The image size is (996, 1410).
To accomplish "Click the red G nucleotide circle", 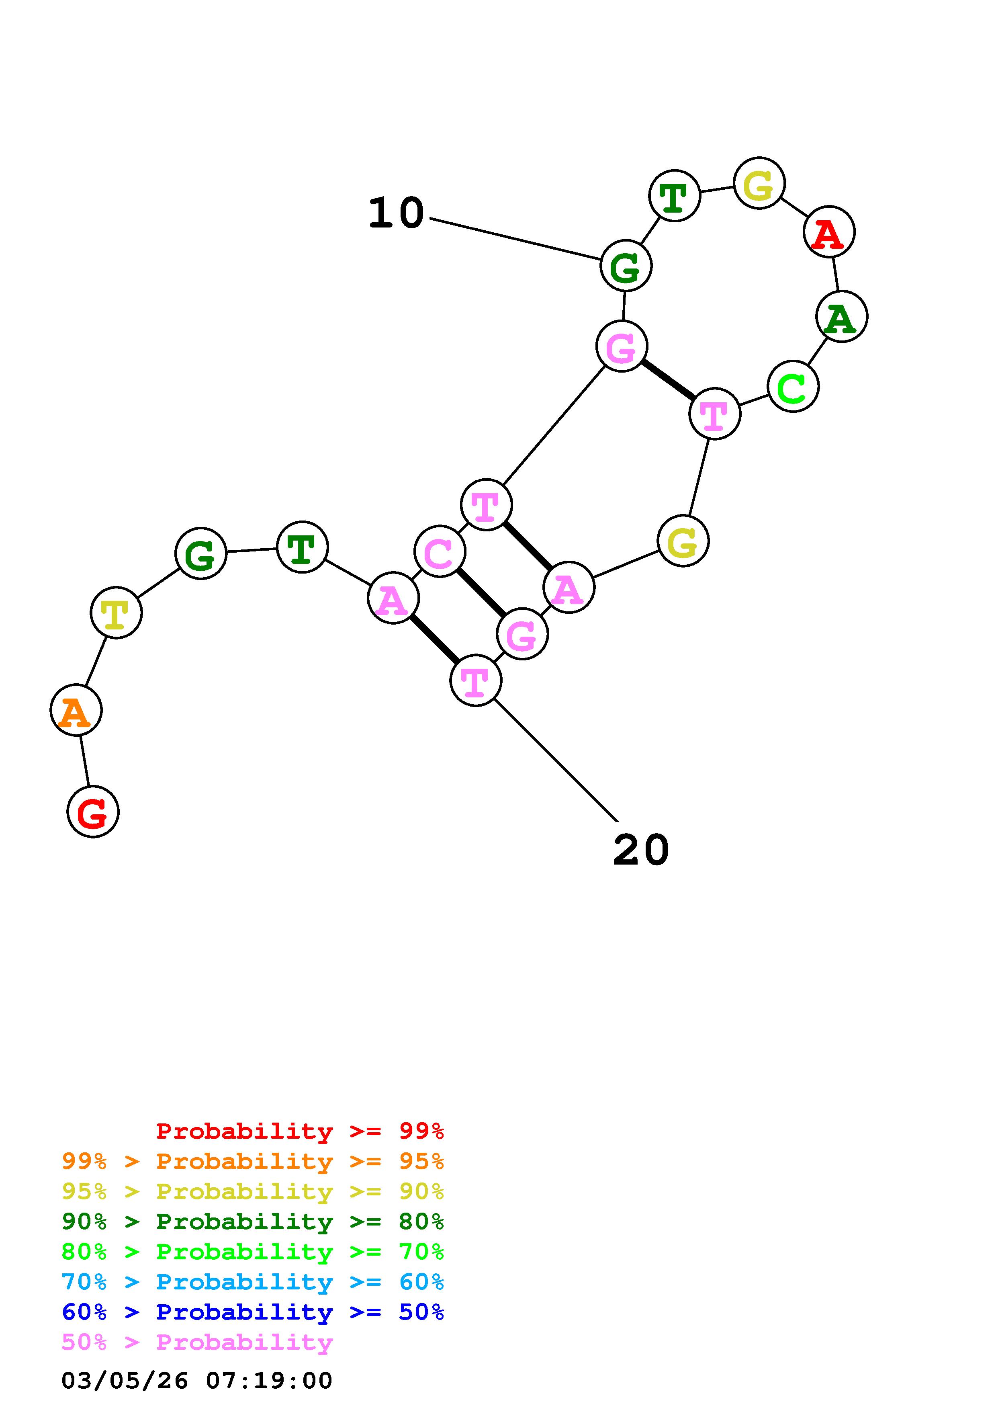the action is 93,812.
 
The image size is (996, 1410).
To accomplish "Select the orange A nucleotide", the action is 76,711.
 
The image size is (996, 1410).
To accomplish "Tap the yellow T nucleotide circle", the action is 116,613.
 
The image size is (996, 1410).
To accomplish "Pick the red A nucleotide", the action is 829,232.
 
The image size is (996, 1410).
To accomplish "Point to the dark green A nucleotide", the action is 841,317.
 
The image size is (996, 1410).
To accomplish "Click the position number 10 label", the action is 396,213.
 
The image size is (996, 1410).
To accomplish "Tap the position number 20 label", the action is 641,851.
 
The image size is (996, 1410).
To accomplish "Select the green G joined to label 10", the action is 625,266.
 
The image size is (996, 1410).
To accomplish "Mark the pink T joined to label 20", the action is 476,680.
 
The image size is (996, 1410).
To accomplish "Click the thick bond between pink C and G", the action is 481,592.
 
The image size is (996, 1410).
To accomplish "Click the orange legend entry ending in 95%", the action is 253,1161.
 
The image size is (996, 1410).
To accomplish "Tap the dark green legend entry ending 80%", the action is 253,1221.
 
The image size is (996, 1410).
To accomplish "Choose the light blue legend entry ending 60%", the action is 253,1282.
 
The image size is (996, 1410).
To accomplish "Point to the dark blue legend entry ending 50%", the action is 253,1312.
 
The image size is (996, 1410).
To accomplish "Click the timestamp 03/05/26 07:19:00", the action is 197,1381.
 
